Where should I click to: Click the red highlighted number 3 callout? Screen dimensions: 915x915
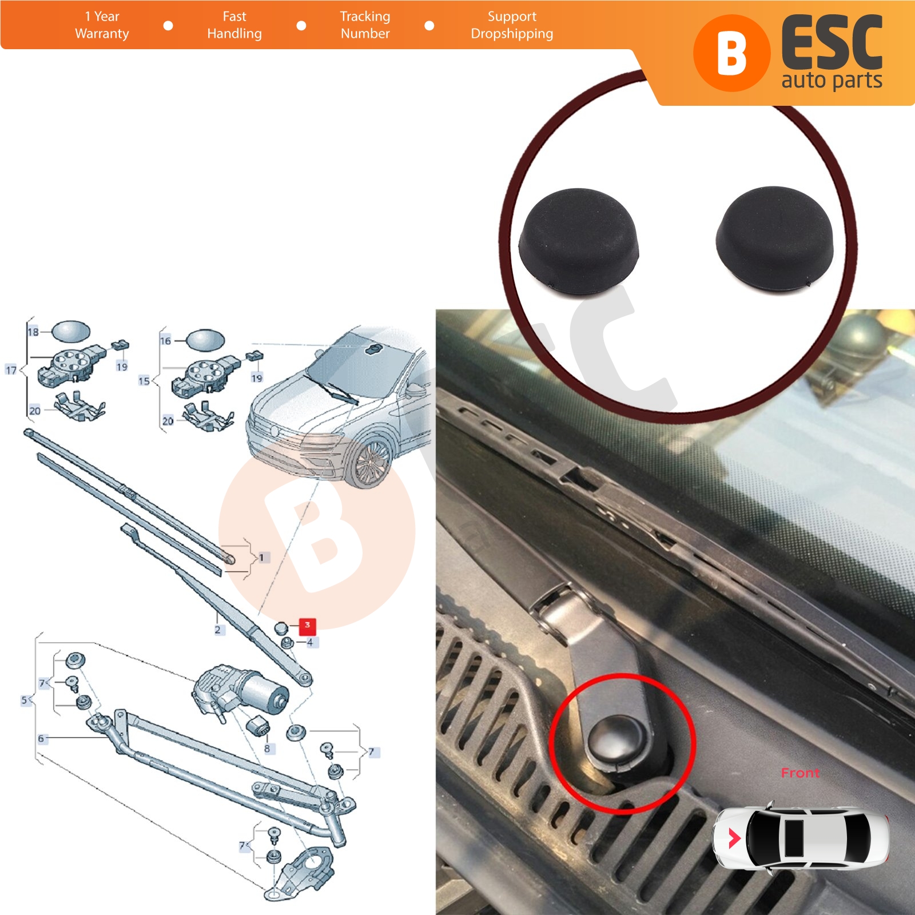(307, 626)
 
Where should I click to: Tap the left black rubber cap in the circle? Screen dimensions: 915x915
(578, 241)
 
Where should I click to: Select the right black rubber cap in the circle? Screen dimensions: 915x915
(775, 237)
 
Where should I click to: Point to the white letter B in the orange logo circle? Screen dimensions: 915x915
(731, 53)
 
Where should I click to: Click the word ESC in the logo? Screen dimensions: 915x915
(832, 43)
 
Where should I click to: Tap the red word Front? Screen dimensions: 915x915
(800, 773)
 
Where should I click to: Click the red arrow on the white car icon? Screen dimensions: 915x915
(734, 838)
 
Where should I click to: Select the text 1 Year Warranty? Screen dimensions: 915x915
(102, 25)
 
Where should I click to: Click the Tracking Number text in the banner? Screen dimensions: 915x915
(365, 25)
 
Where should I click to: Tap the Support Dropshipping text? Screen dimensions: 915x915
(512, 25)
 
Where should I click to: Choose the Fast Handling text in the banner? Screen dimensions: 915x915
(234, 25)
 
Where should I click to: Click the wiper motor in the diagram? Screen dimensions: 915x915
(238, 691)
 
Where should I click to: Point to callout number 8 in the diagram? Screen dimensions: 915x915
(267, 749)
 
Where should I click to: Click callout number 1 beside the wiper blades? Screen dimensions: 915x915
(262, 557)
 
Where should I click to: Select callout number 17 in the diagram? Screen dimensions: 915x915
(11, 370)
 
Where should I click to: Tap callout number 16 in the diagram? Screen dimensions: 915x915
(165, 341)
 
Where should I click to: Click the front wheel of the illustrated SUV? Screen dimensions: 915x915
(369, 464)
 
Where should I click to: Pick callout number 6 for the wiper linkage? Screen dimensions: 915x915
(41, 738)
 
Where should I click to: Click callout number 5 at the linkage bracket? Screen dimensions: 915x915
(24, 700)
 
